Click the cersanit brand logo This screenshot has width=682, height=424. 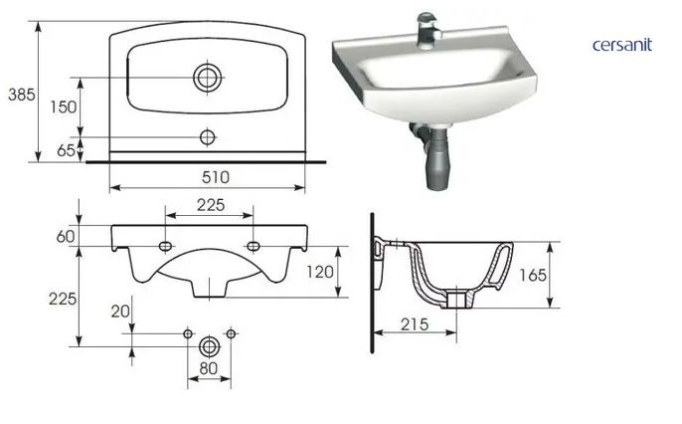click(622, 45)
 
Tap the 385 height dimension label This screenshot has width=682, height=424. click(21, 95)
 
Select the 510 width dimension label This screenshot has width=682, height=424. click(216, 177)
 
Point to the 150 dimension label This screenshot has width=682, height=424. click(63, 107)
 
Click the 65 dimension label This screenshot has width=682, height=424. click(66, 150)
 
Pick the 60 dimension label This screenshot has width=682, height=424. click(66, 236)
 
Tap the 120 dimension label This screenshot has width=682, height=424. click(320, 272)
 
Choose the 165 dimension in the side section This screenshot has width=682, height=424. click(533, 275)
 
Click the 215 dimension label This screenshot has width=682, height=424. click(415, 324)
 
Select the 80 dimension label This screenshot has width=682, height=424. click(209, 368)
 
